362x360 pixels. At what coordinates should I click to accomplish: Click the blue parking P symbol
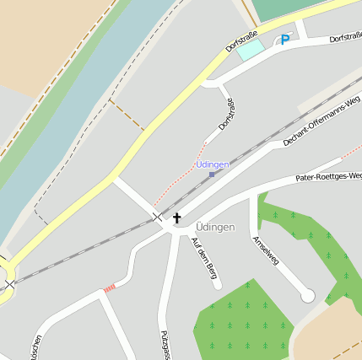[x=284, y=39]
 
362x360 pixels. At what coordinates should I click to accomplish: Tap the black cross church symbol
[x=177, y=218]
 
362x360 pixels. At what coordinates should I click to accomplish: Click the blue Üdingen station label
[x=213, y=164]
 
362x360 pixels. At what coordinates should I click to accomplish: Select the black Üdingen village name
[x=214, y=228]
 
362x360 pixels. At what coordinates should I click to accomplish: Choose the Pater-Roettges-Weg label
[x=328, y=177]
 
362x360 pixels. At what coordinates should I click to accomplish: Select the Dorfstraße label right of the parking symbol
[x=345, y=37]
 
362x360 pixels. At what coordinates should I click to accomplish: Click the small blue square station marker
[x=212, y=174]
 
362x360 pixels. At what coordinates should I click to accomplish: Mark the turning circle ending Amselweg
[x=308, y=295]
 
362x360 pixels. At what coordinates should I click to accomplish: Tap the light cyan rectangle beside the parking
[x=250, y=51]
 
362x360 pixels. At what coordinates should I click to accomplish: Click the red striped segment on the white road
[x=109, y=289]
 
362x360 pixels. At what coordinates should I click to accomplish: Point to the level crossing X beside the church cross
[x=157, y=217]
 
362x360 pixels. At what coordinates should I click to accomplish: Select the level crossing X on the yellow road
[x=8, y=285]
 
